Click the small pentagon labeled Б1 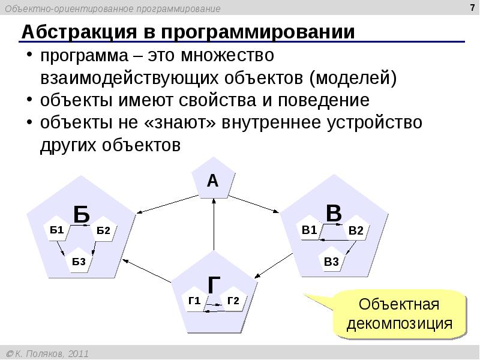tap(57, 230)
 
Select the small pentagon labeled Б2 tap(103, 231)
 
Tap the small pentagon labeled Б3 tap(79, 260)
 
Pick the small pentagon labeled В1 tap(310, 229)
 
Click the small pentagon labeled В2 tap(356, 230)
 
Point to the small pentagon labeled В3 tap(331, 260)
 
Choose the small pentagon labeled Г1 tap(194, 301)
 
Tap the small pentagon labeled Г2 tap(233, 301)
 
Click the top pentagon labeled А tap(212, 180)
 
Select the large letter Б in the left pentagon tap(82, 214)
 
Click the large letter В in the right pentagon tap(334, 213)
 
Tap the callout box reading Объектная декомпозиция tap(400, 314)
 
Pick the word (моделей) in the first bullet tap(353, 78)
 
